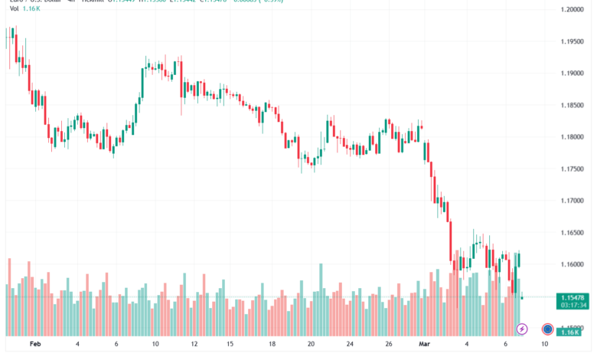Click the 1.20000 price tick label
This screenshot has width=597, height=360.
pos(573,9)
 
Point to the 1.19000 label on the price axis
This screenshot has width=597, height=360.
pos(573,74)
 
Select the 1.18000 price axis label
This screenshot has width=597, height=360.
pos(573,137)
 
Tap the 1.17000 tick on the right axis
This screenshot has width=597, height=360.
pos(573,201)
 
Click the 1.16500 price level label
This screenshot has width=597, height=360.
pos(573,233)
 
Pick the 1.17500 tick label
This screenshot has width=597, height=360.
pos(573,169)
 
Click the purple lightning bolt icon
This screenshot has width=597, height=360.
pos(522,329)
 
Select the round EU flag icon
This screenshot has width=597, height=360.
pos(548,329)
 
